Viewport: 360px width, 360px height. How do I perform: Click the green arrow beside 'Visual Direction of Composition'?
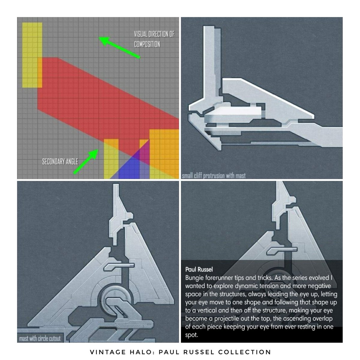[x=119, y=47]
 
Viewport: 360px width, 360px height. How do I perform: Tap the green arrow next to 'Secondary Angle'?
[x=85, y=162]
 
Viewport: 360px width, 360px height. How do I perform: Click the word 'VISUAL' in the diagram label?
[x=141, y=34]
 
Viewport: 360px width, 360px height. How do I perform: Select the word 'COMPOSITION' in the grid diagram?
[x=147, y=44]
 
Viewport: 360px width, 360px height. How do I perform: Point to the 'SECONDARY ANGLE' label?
[x=60, y=162]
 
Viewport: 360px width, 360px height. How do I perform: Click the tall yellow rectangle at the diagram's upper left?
[x=32, y=55]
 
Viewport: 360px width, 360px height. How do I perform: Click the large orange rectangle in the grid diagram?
[x=164, y=154]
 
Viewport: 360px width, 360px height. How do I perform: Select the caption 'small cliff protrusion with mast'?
[x=214, y=175]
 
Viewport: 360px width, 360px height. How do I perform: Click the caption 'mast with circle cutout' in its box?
[x=40, y=338]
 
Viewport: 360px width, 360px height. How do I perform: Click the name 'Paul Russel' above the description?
[x=199, y=269]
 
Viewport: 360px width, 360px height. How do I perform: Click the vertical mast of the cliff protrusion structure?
[x=212, y=62]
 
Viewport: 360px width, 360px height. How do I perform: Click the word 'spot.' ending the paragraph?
[x=191, y=335]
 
